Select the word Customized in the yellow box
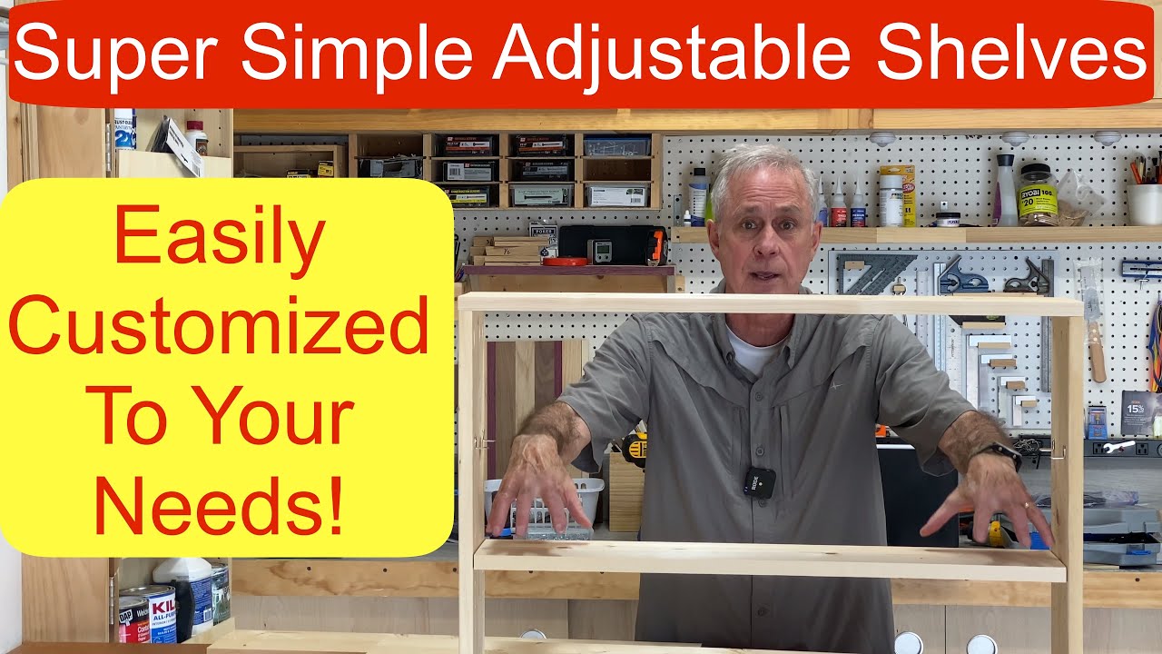pyautogui.click(x=219, y=326)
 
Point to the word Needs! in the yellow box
pyautogui.click(x=219, y=508)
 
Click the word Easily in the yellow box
pyautogui.click(x=219, y=238)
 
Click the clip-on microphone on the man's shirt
pyautogui.click(x=759, y=481)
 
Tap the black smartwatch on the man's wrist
pyautogui.click(x=1002, y=453)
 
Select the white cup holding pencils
pyautogui.click(x=1145, y=203)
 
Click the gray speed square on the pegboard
pyautogui.click(x=872, y=273)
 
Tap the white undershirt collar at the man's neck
pyautogui.click(x=753, y=350)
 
